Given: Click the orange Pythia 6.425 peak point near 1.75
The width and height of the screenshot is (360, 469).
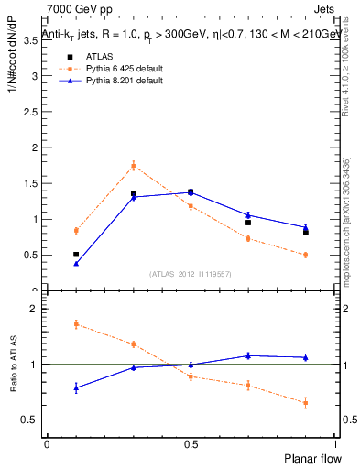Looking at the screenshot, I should click(133, 166).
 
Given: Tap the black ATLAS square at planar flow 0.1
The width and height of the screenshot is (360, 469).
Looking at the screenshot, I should click(76, 255).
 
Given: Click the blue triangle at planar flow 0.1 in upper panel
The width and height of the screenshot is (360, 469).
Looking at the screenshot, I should click(76, 264).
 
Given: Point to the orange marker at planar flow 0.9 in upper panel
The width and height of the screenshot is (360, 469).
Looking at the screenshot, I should click(305, 255).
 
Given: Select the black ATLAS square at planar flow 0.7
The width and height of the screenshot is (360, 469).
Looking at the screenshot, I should click(248, 223).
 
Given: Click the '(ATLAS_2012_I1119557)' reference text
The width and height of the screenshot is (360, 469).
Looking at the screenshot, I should click(190, 274).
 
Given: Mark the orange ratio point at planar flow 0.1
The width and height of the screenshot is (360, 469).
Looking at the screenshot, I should click(76, 324).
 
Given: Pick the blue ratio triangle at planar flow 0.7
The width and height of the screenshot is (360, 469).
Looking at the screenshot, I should click(248, 355).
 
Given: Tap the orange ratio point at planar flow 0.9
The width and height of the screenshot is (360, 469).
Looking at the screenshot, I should click(305, 403).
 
